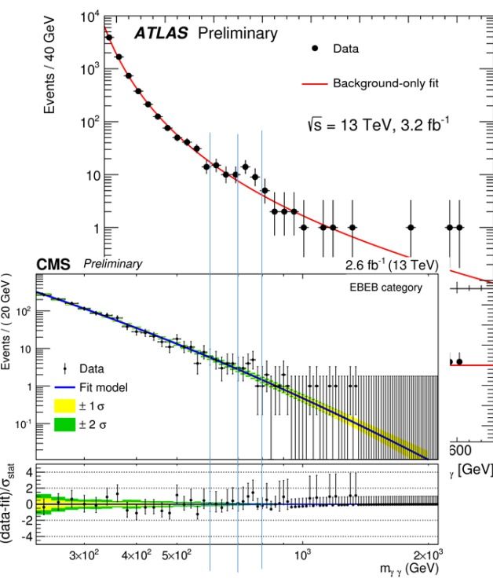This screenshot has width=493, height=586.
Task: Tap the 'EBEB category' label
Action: [x=385, y=288]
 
